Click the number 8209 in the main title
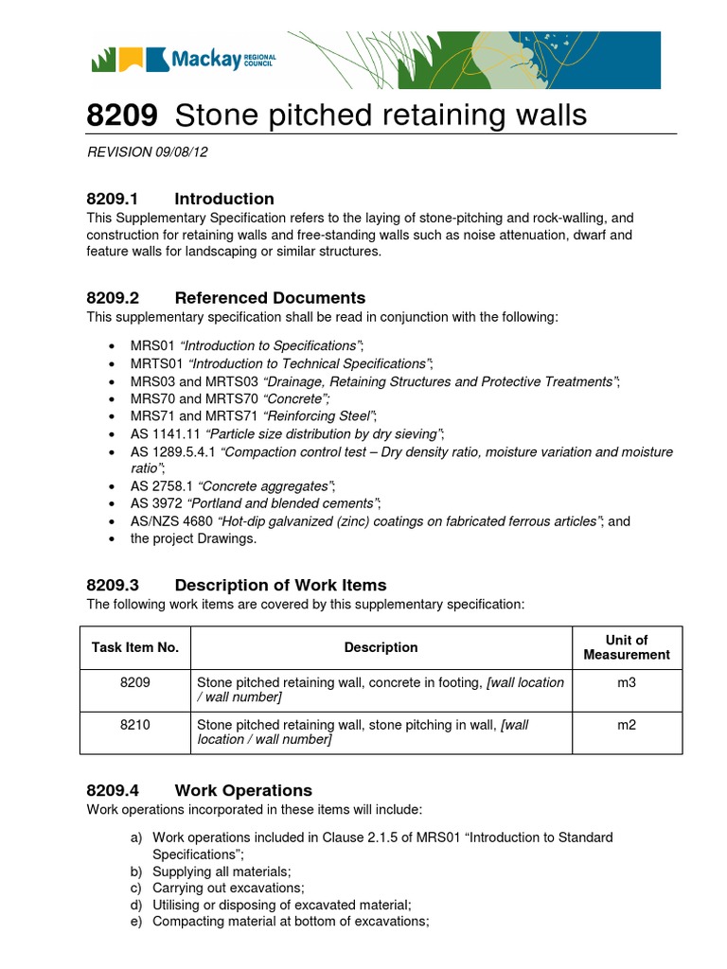pyautogui.click(x=121, y=115)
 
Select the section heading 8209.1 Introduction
pyautogui.click(x=180, y=199)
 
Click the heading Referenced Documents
pyautogui.click(x=270, y=298)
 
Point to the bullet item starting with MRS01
pyautogui.click(x=246, y=345)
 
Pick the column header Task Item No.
pyautogui.click(x=135, y=647)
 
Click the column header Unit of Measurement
pyautogui.click(x=626, y=647)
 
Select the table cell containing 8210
pyautogui.click(x=135, y=724)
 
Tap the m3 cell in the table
pyautogui.click(x=626, y=682)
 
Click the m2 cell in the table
pyautogui.click(x=626, y=724)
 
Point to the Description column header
pyautogui.click(x=381, y=647)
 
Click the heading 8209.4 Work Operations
pyautogui.click(x=199, y=790)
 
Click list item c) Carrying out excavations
pyautogui.click(x=228, y=889)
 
